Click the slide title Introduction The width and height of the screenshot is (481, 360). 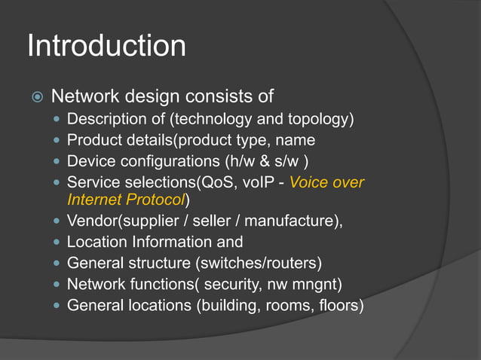pos(106,46)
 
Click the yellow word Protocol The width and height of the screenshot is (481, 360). pos(157,200)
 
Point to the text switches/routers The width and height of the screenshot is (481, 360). pos(261,264)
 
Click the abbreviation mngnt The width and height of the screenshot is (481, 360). pos(320,285)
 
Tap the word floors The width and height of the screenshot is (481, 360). pos(339,306)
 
